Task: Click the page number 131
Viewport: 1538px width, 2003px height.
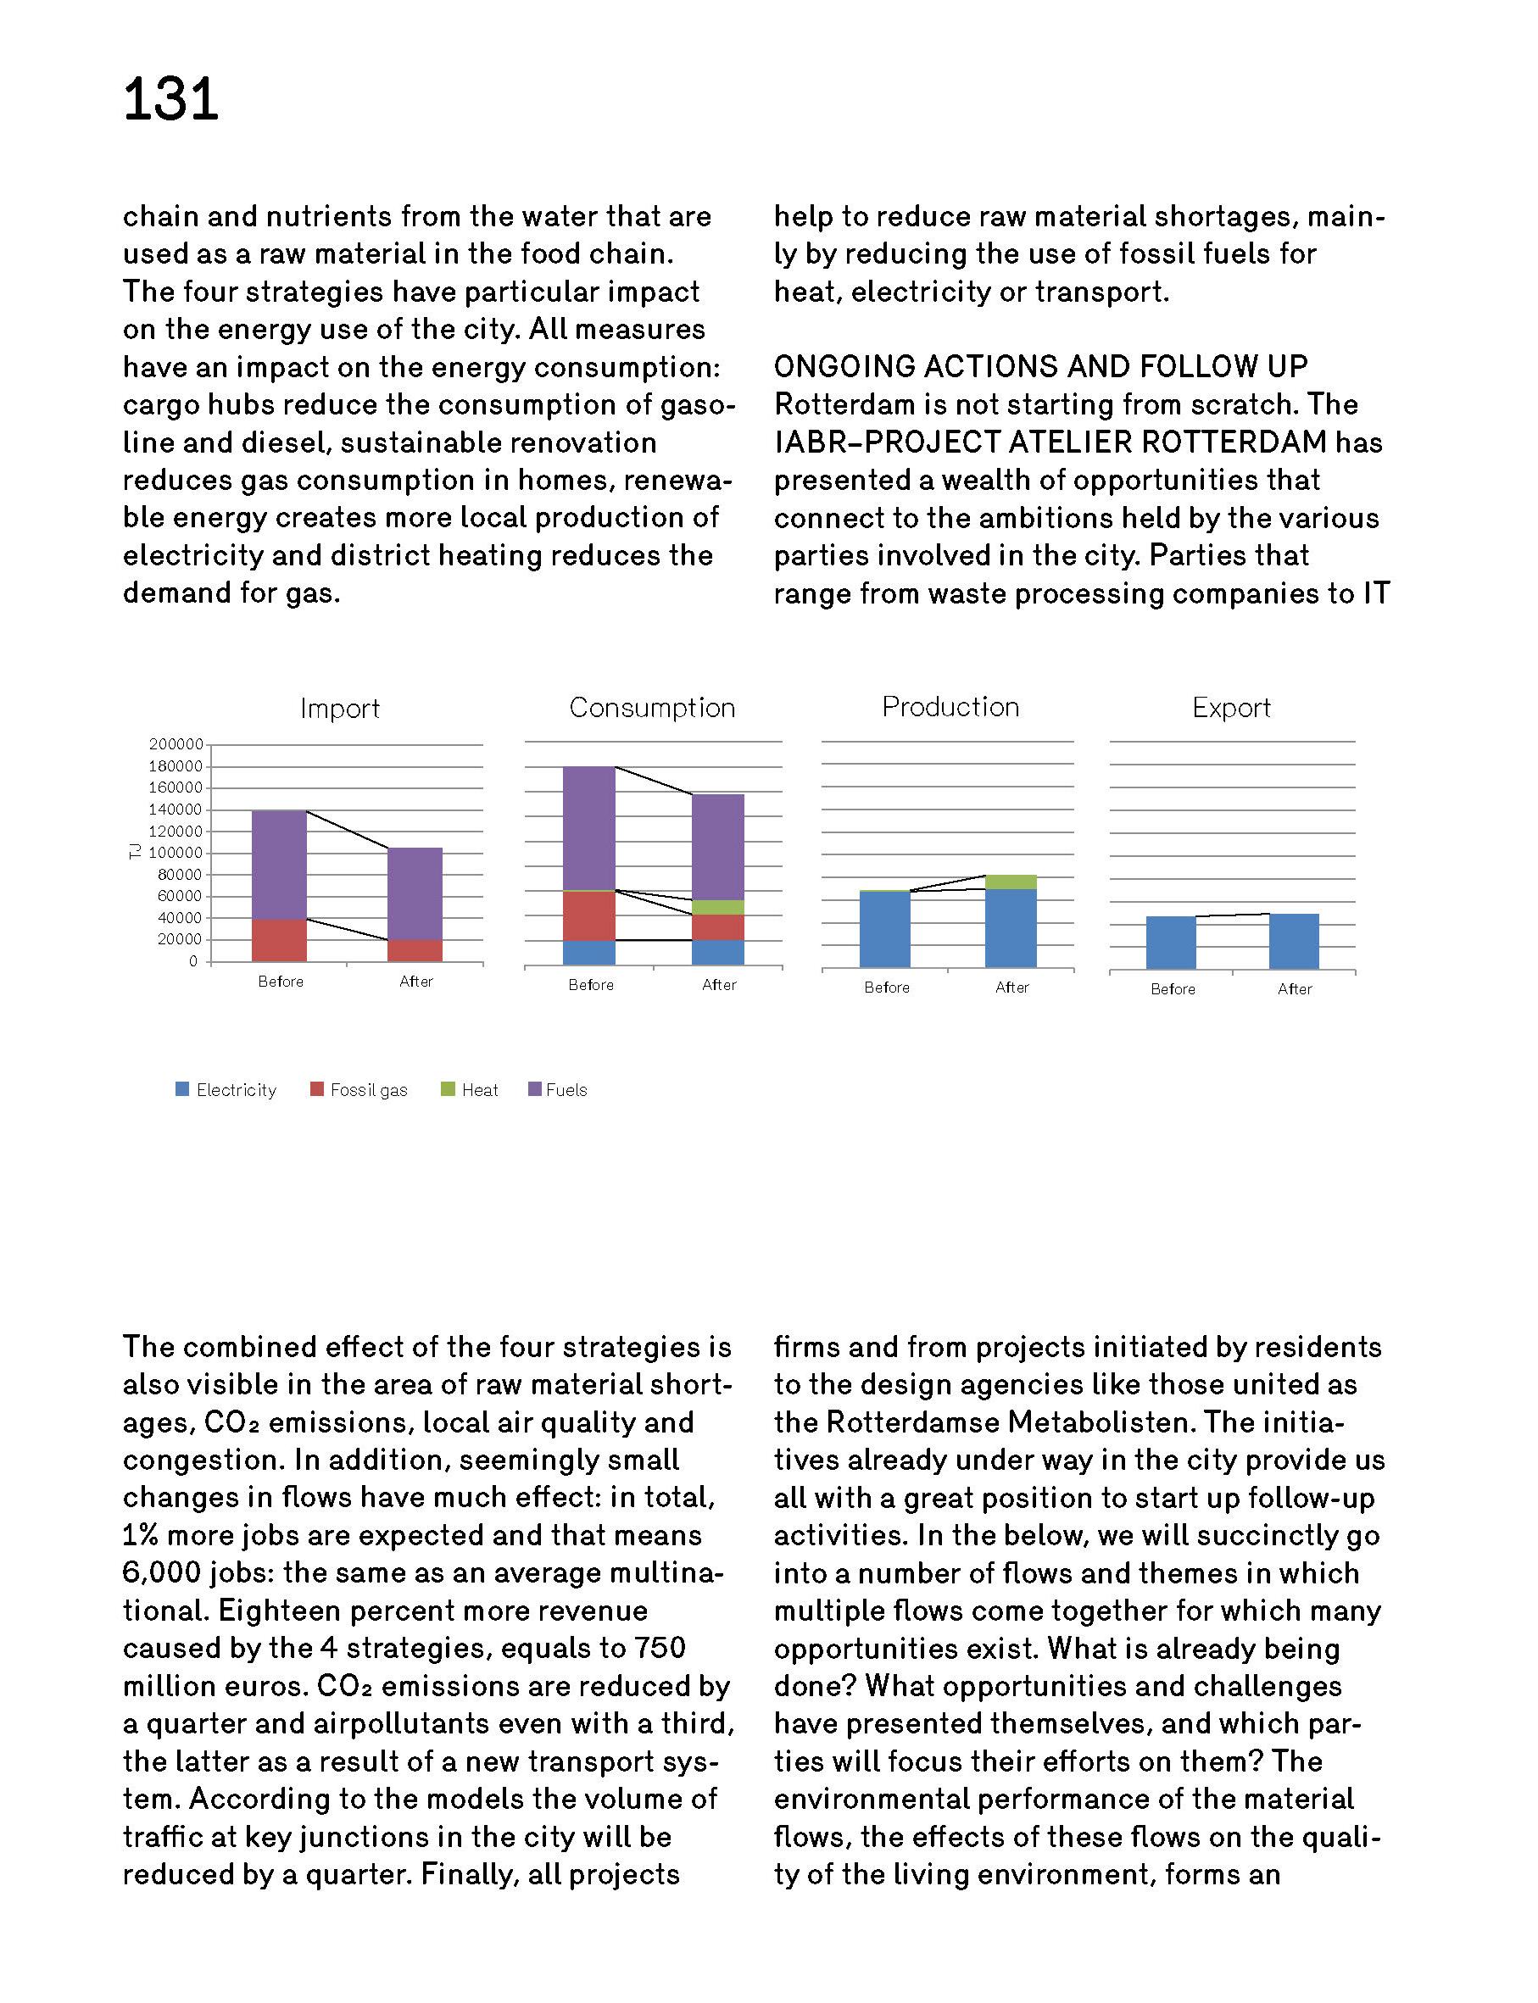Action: (x=170, y=99)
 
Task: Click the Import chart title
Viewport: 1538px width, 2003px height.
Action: (x=340, y=709)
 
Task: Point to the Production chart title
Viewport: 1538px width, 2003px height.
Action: (x=950, y=707)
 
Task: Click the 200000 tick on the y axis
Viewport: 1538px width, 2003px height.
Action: (x=176, y=744)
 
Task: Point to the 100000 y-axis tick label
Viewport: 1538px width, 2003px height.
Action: (x=176, y=853)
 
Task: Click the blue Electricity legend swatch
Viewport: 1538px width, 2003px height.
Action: (x=182, y=1089)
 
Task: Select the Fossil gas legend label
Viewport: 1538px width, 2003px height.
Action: (x=368, y=1090)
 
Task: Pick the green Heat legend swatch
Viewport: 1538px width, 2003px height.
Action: (x=448, y=1089)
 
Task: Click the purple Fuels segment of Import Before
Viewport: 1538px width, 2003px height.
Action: (x=279, y=865)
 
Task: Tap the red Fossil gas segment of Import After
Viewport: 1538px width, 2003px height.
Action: (x=415, y=950)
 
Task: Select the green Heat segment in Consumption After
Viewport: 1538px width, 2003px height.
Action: (x=718, y=907)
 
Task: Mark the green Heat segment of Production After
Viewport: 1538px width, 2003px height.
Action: (x=1011, y=882)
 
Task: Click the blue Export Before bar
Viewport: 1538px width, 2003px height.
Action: (x=1171, y=943)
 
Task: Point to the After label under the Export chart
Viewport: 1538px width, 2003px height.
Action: (x=1295, y=989)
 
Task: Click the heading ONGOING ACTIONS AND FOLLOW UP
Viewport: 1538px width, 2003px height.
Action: (x=1041, y=367)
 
